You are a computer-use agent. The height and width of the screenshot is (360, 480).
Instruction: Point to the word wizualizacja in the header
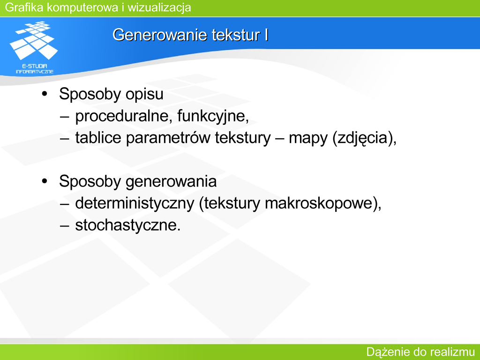point(159,7)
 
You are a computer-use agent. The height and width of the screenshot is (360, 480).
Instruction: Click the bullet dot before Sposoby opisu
point(45,93)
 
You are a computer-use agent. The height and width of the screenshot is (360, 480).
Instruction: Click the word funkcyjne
point(213,116)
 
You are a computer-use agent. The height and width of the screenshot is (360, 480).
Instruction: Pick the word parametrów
point(168,138)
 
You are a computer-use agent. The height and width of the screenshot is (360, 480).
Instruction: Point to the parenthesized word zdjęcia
point(362,138)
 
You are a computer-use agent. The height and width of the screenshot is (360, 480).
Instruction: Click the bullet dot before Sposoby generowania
point(45,181)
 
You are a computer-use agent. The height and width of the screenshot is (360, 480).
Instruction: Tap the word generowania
point(171,182)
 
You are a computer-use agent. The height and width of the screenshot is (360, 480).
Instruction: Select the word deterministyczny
point(135,203)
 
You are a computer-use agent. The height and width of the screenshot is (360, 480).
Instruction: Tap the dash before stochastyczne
point(64,226)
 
